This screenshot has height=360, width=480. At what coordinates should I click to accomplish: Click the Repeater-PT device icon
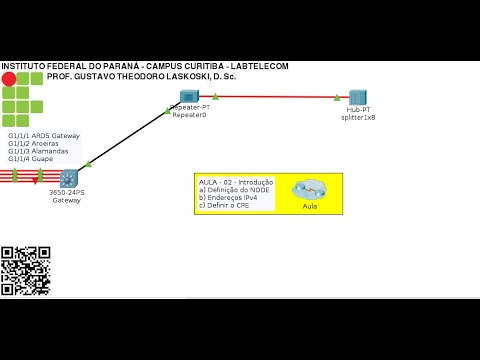click(189, 96)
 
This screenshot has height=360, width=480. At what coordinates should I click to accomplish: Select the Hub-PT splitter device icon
click(358, 97)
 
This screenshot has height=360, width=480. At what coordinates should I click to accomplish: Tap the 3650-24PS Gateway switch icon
click(68, 179)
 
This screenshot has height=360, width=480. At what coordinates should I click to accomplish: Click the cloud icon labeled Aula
click(309, 188)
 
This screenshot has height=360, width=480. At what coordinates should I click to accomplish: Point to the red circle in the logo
click(9, 78)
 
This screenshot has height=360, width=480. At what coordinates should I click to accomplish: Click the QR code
click(26, 271)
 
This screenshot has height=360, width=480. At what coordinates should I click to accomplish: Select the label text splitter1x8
click(358, 117)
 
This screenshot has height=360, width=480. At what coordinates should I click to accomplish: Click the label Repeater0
click(189, 116)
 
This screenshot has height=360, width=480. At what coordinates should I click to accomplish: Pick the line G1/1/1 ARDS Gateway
click(44, 135)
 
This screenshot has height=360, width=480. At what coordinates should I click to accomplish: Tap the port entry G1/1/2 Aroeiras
click(33, 143)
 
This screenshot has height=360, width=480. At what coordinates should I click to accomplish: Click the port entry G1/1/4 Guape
click(30, 159)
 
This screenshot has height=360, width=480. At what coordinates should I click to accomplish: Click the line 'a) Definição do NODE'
click(236, 190)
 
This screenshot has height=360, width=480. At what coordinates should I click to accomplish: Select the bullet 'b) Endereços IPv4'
click(231, 198)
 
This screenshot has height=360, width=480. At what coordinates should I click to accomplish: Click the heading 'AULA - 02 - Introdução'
click(237, 182)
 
